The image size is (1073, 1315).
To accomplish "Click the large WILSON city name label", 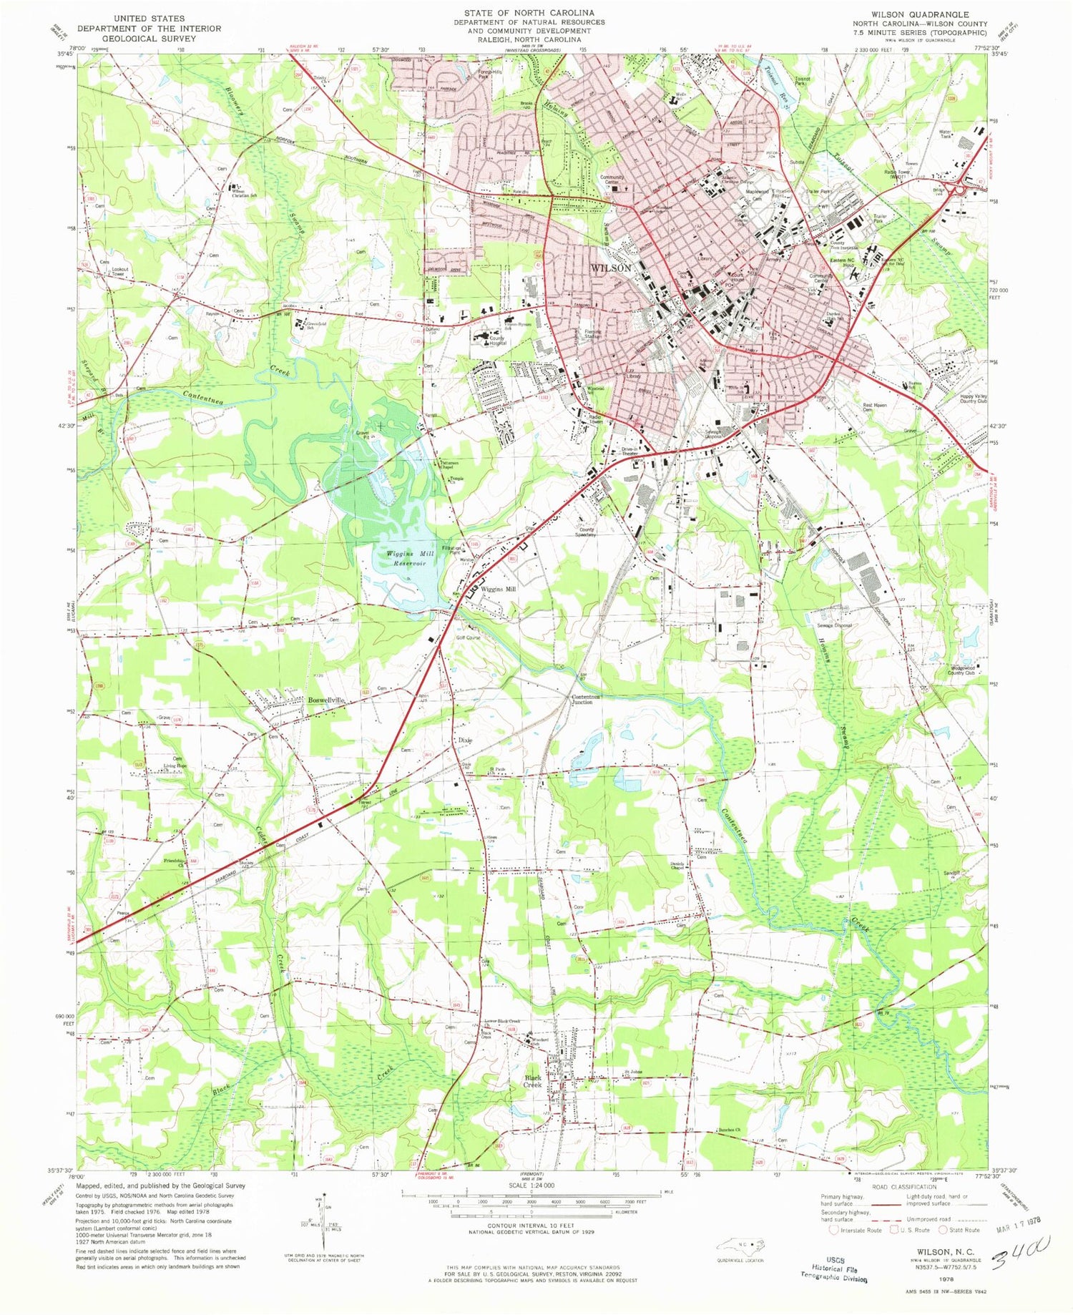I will [609, 268].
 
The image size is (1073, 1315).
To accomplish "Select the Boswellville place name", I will [327, 700].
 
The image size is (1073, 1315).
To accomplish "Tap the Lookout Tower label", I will [119, 272].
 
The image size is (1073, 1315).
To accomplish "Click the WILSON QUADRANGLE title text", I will [919, 14].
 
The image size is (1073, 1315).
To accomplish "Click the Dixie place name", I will [465, 740].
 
